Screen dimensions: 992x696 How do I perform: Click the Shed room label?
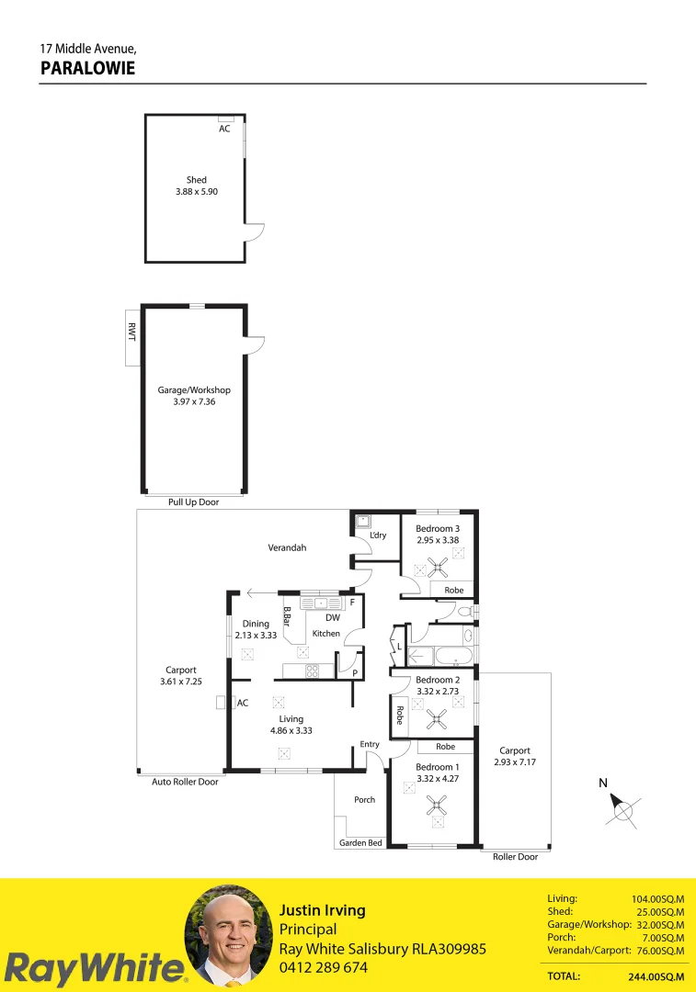click(x=196, y=180)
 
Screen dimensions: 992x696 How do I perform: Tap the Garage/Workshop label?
click(x=194, y=390)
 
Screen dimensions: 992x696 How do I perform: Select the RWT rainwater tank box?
click(x=131, y=337)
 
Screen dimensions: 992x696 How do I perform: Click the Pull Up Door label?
click(x=193, y=502)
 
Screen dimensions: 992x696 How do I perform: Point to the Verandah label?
click(x=287, y=547)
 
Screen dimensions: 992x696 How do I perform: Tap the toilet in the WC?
click(x=465, y=611)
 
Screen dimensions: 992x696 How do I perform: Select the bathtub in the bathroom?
click(x=450, y=656)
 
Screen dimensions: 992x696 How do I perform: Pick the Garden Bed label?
click(x=360, y=842)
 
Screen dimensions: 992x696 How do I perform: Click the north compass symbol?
click(x=623, y=810)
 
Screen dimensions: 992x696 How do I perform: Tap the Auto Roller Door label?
click(x=185, y=783)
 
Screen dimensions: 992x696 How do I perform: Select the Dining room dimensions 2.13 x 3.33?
click(x=256, y=635)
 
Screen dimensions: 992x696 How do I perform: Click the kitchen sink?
click(x=320, y=603)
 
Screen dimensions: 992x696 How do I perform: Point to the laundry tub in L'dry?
click(x=362, y=521)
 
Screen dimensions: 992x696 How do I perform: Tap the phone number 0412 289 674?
click(x=324, y=967)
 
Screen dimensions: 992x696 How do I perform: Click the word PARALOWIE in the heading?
click(x=87, y=67)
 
